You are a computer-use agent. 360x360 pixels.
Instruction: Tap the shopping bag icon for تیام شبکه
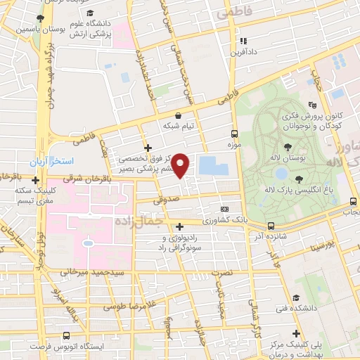tap(177, 116)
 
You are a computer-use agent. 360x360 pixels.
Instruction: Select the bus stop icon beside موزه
tap(235, 133)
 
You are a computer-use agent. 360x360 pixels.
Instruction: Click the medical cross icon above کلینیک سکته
tap(35, 180)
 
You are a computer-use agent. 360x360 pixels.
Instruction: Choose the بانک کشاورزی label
tap(205, 221)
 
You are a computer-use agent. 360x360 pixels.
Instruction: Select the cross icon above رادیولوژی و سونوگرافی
tap(181, 226)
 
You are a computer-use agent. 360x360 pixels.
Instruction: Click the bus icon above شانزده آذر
tap(271, 226)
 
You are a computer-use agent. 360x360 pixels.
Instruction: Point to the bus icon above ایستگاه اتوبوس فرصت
tap(66, 336)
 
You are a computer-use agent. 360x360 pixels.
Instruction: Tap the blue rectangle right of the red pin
tap(214, 167)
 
